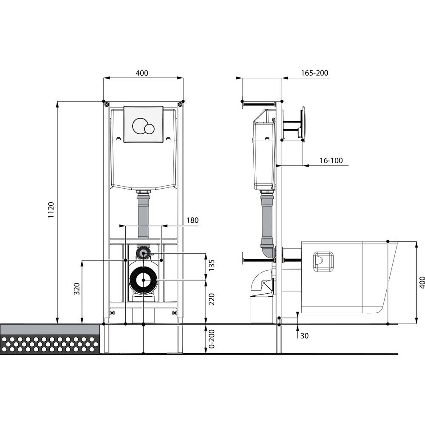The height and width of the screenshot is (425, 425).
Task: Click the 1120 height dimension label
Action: (x=51, y=210)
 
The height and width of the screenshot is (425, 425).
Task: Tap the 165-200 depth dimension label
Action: (x=314, y=73)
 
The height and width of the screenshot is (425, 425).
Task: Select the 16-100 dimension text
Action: (x=331, y=161)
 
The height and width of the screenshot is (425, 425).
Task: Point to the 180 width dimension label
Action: (x=192, y=220)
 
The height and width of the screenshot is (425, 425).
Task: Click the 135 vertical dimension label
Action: (x=212, y=265)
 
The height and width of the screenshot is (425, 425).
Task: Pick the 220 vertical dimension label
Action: (x=212, y=299)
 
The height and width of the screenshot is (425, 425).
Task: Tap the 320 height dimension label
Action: (x=77, y=289)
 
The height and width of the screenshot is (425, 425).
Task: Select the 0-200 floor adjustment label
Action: (x=212, y=339)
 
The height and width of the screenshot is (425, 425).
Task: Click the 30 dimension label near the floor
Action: (x=304, y=336)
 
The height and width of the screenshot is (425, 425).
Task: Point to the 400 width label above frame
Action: (x=142, y=73)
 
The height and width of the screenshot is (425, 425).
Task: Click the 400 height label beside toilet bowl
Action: (x=422, y=283)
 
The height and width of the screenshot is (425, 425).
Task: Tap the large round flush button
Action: (x=139, y=125)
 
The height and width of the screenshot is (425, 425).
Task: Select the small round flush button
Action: (x=149, y=128)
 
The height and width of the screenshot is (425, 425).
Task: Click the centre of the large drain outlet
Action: (x=143, y=280)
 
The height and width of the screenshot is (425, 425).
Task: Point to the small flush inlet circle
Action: (x=143, y=253)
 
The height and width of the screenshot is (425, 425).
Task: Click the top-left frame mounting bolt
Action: (x=108, y=105)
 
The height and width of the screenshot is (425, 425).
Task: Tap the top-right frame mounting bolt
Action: (x=179, y=105)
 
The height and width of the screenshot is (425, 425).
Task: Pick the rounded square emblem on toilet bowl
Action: (x=323, y=261)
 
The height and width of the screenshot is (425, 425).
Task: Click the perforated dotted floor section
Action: (x=50, y=344)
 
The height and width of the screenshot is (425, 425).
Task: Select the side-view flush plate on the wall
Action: (x=303, y=124)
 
